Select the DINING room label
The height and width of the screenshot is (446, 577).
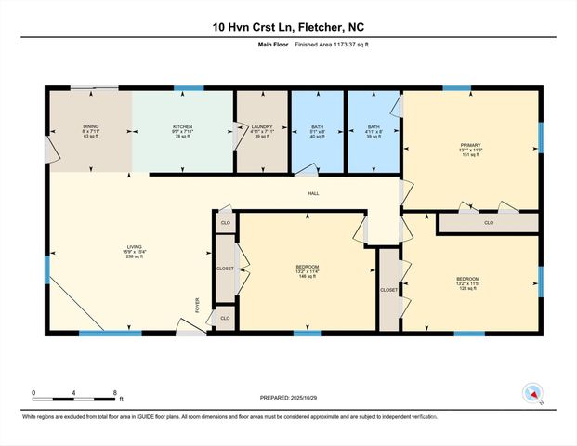pos(91,131)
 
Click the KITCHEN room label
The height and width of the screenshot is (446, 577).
pos(181,131)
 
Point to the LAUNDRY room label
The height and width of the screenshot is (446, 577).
pos(262,131)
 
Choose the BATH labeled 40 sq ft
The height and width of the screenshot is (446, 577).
pos(317,131)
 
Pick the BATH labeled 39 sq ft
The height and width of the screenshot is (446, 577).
pos(374,131)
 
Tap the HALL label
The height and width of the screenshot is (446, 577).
pos(315,193)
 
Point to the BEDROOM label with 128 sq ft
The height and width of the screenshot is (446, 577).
pos(467,283)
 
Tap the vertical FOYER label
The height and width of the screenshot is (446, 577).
pos(196,305)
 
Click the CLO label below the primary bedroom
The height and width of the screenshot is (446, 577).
pos(489,223)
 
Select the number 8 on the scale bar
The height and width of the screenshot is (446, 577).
pos(114,393)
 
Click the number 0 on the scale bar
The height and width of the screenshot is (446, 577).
pos(33,393)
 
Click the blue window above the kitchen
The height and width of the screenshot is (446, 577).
pos(190,88)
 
